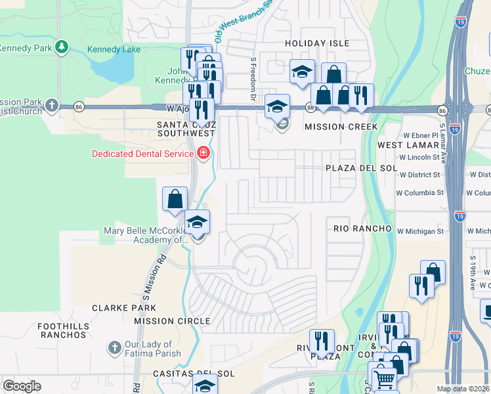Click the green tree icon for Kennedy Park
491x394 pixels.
point(61,47)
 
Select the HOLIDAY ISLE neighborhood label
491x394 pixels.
point(314,43)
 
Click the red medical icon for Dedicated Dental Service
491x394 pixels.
point(203,154)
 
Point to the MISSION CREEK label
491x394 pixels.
point(341,127)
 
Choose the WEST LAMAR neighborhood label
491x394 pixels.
point(408,144)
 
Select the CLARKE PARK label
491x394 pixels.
point(124,307)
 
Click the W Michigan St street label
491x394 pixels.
point(419,231)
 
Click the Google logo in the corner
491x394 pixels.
point(22,386)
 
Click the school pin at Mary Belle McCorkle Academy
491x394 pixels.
point(197,223)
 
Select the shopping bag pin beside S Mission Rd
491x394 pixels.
point(175,199)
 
